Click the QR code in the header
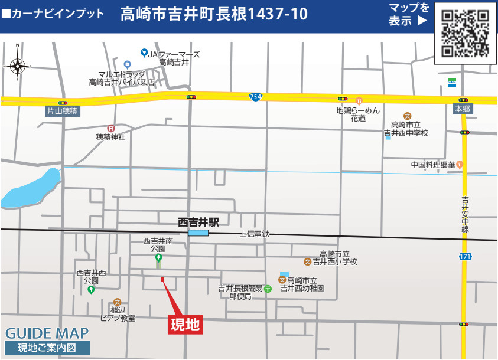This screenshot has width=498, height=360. [466, 33]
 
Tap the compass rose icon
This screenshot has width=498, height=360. [17, 66]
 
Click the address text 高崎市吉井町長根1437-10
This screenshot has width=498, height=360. [214, 14]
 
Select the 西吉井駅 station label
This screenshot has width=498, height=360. [198, 222]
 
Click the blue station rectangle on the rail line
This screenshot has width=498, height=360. [198, 233]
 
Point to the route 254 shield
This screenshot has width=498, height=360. [255, 96]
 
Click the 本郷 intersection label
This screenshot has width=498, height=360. [463, 110]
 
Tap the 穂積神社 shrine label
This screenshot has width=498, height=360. [110, 137]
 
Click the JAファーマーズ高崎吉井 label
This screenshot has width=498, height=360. [174, 58]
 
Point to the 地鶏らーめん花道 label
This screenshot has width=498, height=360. [358, 114]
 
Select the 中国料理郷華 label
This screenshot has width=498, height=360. [433, 165]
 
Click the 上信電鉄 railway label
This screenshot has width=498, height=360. [255, 234]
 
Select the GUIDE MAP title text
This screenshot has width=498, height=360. [47, 333]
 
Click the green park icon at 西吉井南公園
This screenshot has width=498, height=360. [158, 258]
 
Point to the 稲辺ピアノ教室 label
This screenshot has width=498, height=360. [118, 314]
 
